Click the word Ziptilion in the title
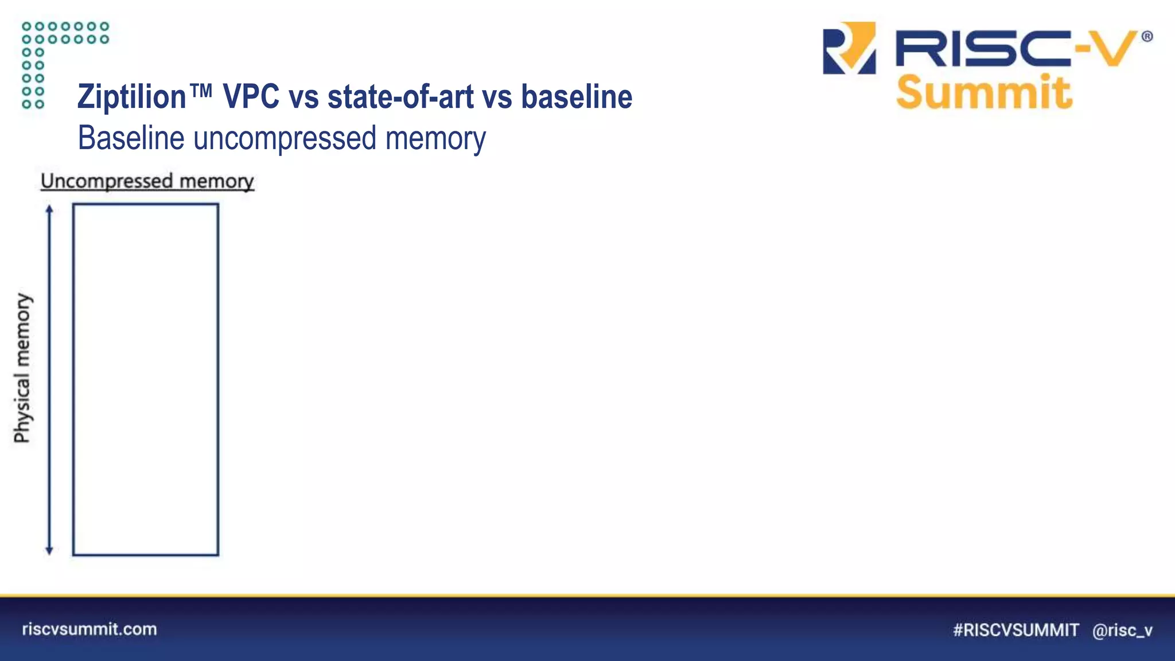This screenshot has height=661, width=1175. (132, 96)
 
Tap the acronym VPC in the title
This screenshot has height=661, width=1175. (251, 96)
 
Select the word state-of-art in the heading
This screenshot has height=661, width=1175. (400, 96)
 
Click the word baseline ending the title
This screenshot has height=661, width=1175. (576, 96)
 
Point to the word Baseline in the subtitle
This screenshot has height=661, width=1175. (131, 138)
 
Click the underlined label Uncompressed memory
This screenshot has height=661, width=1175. (147, 181)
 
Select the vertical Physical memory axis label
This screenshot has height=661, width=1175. (22, 368)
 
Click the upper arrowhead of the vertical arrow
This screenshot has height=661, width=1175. (49, 209)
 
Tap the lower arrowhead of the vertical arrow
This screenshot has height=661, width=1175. (49, 550)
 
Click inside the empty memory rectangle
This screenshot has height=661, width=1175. (146, 379)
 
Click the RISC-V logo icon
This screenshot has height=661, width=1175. (849, 48)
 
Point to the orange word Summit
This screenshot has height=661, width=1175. (983, 92)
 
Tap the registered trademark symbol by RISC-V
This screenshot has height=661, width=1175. (1146, 37)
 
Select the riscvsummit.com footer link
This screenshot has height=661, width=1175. (90, 629)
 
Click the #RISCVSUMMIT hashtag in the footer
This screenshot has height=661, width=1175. (1016, 630)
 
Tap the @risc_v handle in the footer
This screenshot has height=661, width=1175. (1122, 630)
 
